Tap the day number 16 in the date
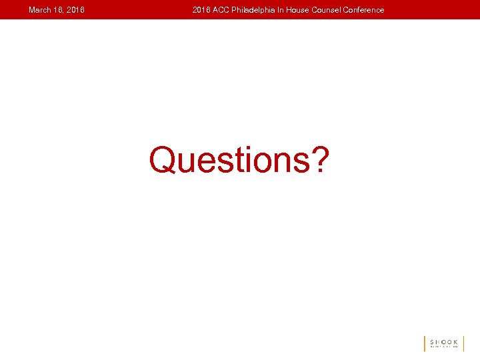(58, 10)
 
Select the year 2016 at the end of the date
(75, 10)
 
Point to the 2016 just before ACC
(201, 10)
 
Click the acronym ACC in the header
(221, 10)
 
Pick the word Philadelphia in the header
(255, 10)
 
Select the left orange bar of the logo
(425, 343)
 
